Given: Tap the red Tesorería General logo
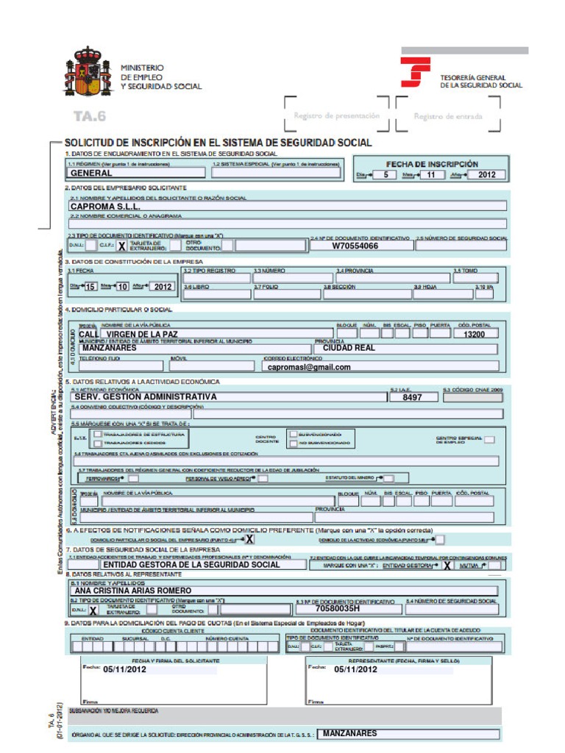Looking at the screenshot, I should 415,72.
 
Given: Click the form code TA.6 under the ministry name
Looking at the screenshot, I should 90,115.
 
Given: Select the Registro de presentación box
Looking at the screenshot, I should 336,115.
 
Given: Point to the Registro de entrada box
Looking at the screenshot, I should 447,116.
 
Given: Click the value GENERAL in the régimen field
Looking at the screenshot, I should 91,174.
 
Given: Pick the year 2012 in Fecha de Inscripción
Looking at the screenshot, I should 486,175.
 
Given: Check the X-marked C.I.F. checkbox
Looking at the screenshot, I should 121,246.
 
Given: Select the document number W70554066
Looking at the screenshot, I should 355,246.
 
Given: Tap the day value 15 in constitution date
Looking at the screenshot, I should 90,287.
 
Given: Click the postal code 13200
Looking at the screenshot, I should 474,335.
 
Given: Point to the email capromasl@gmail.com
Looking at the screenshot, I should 309,367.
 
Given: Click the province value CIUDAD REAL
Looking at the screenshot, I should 349,349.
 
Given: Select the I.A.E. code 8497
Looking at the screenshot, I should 412,397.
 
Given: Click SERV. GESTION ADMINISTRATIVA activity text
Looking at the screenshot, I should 146,396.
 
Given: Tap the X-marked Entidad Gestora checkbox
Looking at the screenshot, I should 447,566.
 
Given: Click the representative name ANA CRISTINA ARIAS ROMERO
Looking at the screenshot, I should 133,590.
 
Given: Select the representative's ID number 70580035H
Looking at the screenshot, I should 338,609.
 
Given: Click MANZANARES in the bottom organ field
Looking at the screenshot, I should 349,733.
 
